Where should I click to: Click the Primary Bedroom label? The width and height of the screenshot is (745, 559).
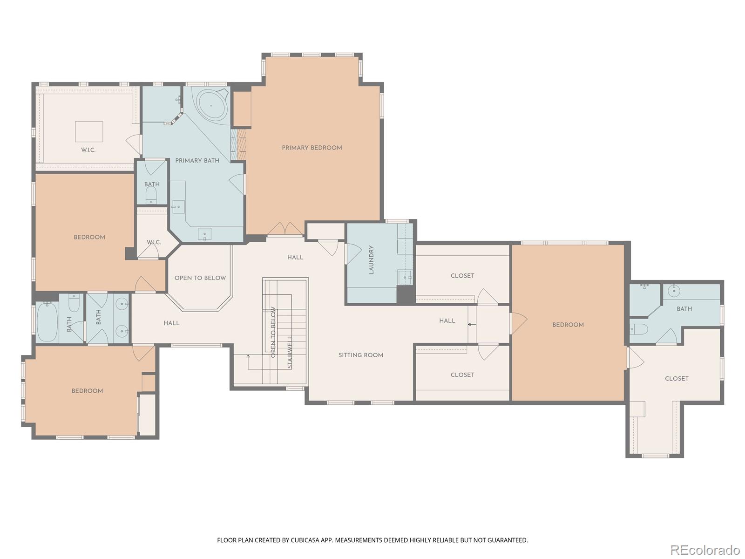(x=312, y=148)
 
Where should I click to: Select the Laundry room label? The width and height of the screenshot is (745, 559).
(x=371, y=259)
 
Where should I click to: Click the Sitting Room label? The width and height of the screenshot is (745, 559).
(x=360, y=355)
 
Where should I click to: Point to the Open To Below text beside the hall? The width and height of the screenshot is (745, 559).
(x=200, y=278)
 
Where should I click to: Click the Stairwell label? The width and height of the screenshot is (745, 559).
(x=290, y=353)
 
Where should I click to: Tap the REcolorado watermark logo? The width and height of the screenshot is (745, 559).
(x=705, y=550)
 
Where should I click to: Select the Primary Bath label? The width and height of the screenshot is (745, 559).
(x=197, y=161)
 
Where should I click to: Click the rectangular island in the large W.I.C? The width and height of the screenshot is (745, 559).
(x=89, y=131)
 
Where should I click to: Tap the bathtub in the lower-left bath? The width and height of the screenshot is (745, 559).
(x=47, y=322)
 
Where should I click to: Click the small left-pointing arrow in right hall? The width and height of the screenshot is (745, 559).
(x=472, y=325)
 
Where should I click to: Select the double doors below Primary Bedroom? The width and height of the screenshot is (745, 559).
(x=285, y=229)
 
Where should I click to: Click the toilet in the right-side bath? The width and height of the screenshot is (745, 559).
(x=639, y=328)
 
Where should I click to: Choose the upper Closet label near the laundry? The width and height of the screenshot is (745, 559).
(x=462, y=276)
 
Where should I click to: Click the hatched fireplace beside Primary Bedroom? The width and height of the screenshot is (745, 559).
(x=238, y=144)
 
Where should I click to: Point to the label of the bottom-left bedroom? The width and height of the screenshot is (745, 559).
(x=87, y=391)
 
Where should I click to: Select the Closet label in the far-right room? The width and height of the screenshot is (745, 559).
(x=677, y=378)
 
